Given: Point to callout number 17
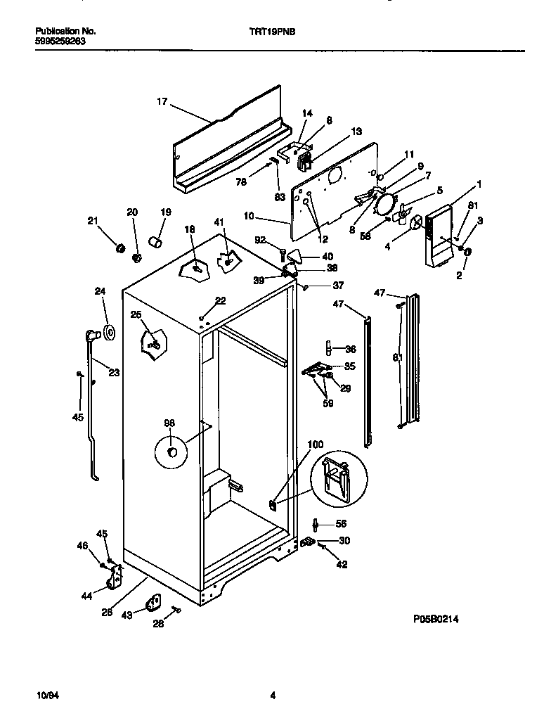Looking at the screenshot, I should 162,101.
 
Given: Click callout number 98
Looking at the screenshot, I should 169,423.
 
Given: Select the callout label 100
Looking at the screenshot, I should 316,445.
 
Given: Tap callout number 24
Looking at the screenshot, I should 100,291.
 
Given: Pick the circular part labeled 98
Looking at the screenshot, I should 170,452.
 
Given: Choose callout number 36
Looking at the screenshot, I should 350,349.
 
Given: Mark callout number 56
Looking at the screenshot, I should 341,523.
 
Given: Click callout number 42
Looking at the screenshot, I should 342,564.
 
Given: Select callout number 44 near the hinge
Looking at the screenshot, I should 86,596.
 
